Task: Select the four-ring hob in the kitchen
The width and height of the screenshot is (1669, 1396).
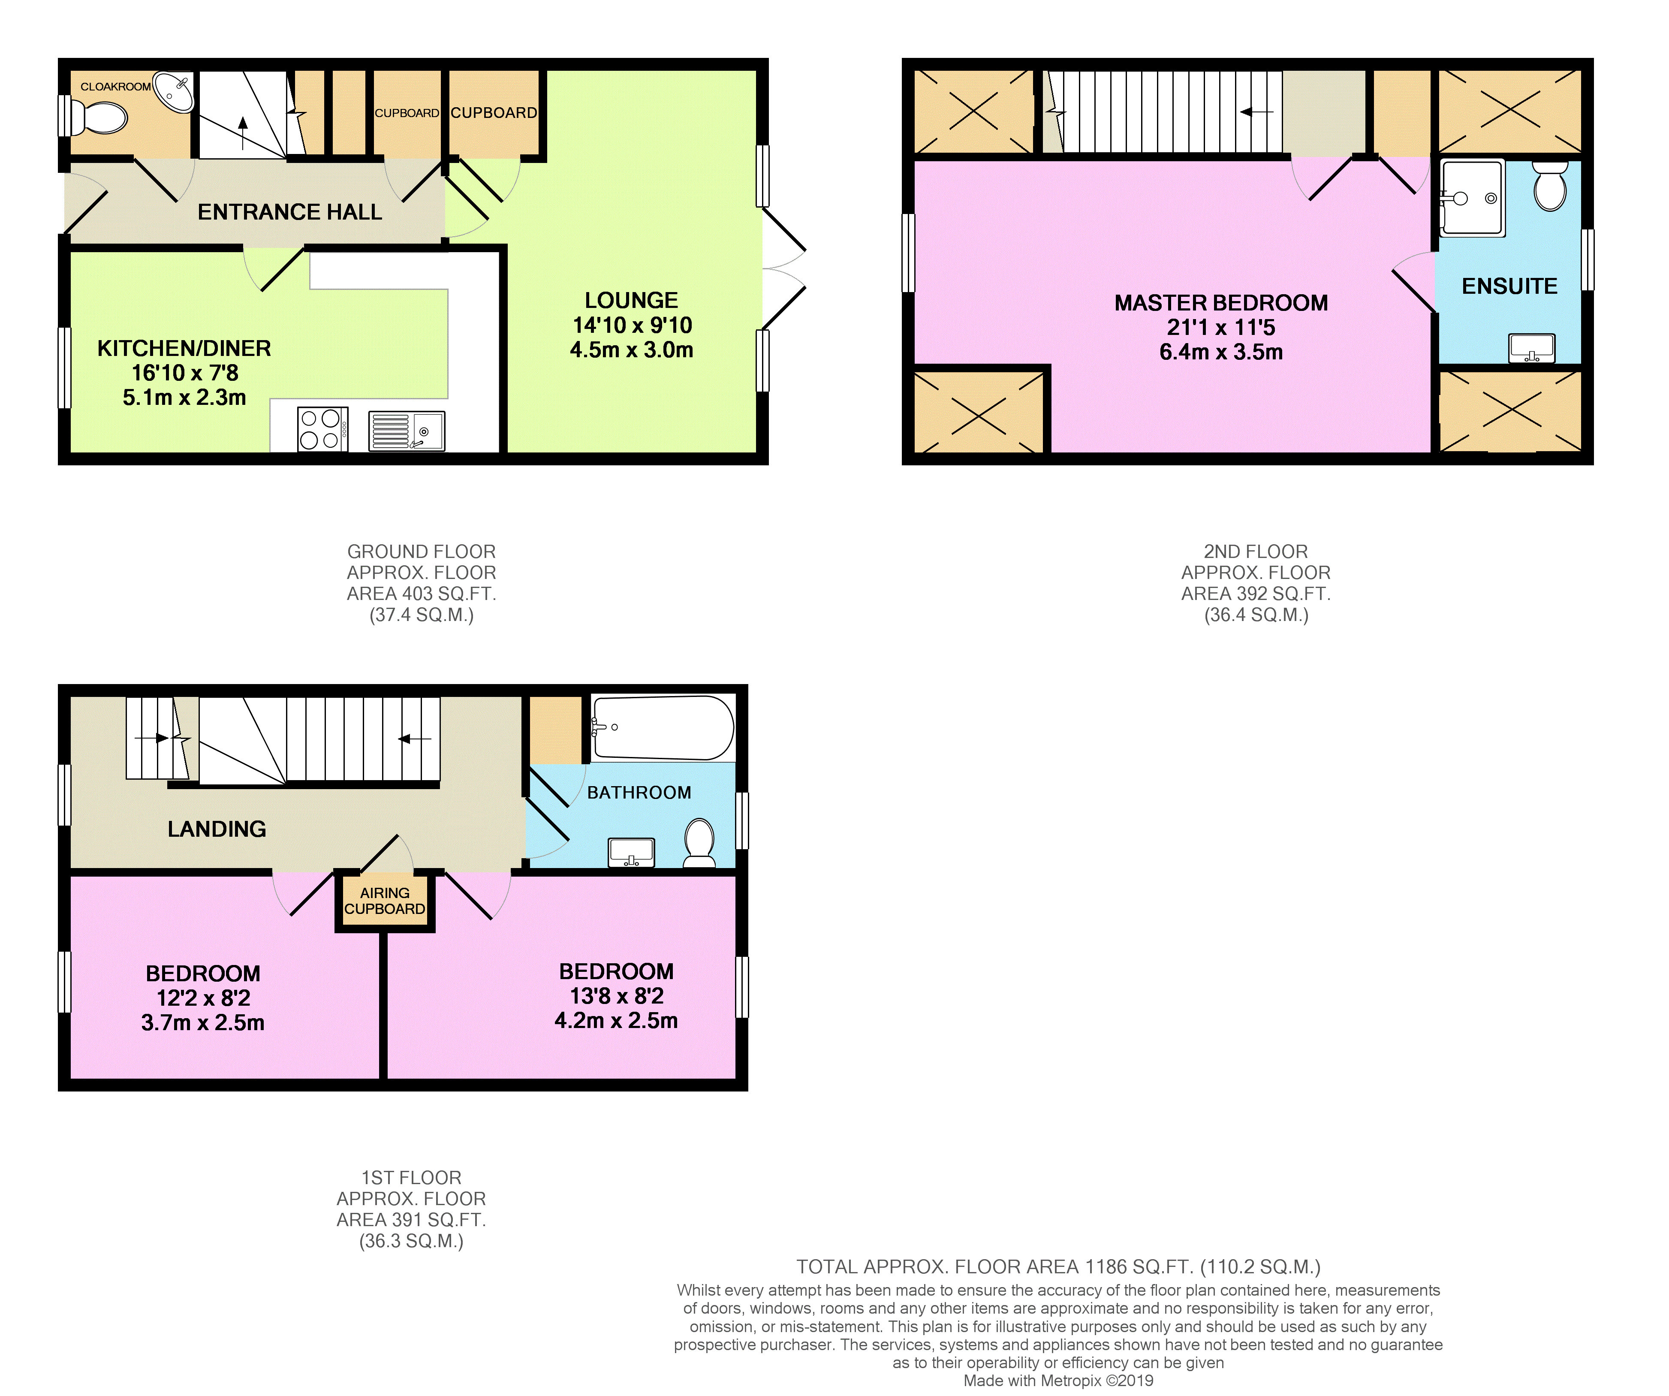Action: point(322,429)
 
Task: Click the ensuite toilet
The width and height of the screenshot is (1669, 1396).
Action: point(1550,186)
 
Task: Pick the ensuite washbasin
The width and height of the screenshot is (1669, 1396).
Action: point(1531,347)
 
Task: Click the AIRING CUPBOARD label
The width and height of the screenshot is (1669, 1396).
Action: point(385,901)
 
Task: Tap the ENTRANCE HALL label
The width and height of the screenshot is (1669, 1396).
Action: point(290,212)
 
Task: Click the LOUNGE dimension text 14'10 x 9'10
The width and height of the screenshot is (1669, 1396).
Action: point(633,325)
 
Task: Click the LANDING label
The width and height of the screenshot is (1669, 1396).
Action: point(217,829)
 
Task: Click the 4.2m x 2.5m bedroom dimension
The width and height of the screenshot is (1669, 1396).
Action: point(617,1021)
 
